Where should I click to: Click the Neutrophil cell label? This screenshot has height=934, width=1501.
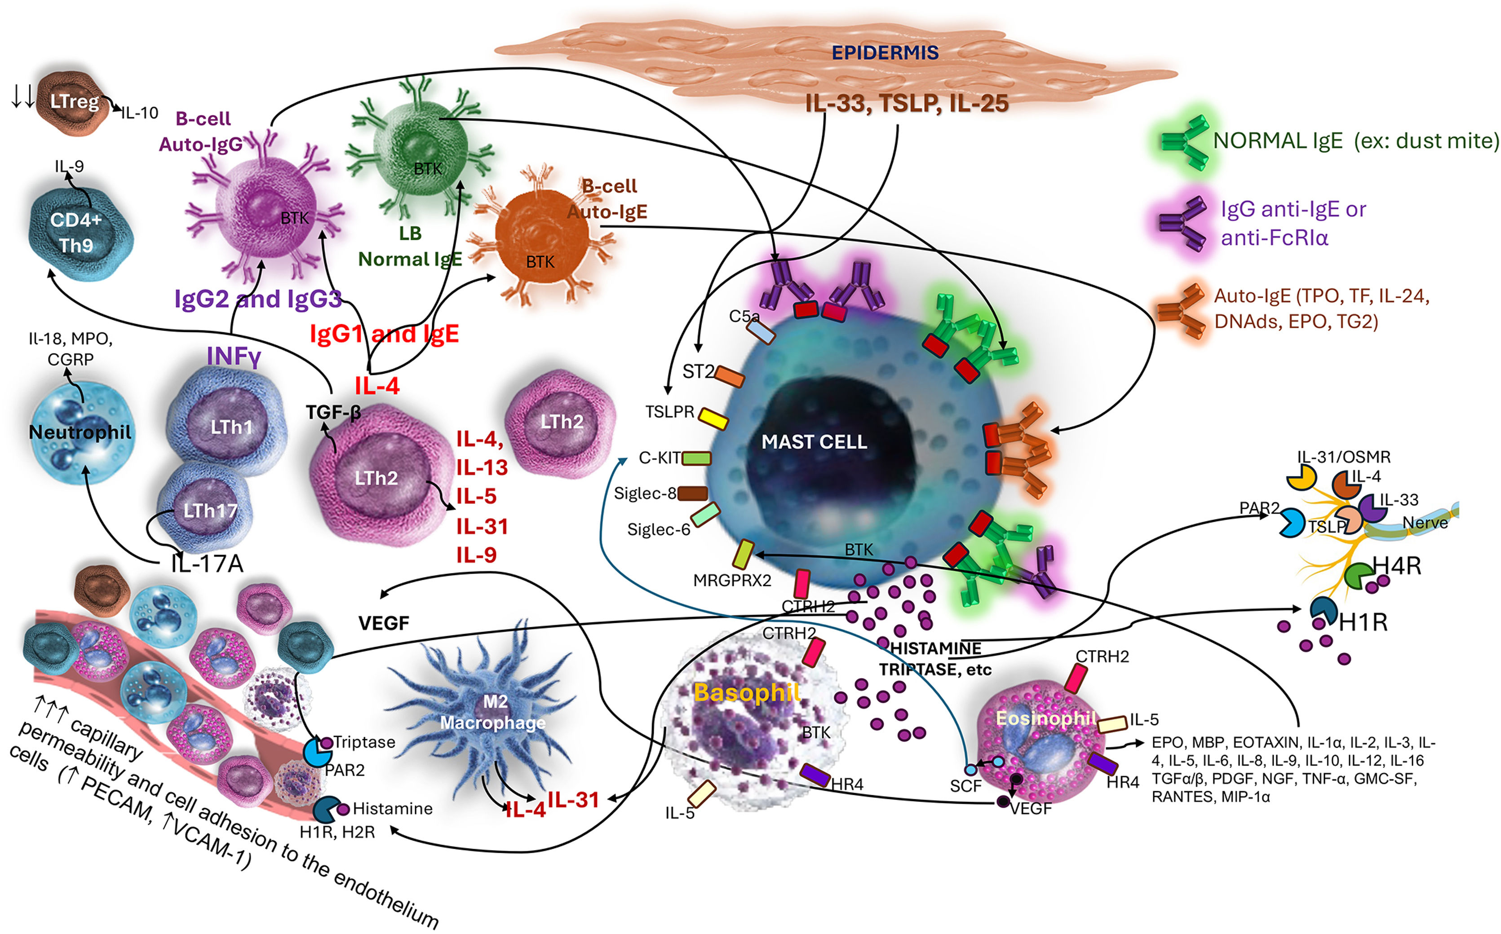(80, 432)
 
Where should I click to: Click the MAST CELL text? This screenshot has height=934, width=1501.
(814, 442)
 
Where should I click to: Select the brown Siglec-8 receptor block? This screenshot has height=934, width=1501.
(693, 493)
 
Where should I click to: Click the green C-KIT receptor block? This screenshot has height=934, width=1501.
(696, 458)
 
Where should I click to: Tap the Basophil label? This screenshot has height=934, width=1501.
(747, 692)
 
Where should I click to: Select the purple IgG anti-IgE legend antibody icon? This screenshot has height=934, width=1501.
(1182, 223)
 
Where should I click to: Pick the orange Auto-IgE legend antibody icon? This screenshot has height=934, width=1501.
(1180, 309)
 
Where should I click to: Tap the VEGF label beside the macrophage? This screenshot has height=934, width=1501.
(384, 623)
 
